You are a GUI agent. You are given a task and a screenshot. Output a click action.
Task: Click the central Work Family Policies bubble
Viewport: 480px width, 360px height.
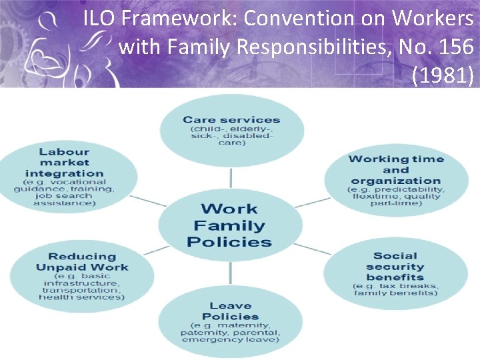coord(230,225)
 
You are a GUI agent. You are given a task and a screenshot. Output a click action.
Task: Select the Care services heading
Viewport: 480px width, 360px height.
coord(231,120)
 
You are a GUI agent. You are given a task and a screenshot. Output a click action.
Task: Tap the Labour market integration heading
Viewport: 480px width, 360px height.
coord(64,163)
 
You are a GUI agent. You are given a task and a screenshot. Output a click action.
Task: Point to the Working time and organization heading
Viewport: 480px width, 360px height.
coord(395,169)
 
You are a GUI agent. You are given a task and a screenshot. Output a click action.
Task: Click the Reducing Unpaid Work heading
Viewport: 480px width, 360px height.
coord(82,262)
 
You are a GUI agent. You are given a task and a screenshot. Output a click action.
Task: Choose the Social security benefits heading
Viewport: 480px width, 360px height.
coord(395,266)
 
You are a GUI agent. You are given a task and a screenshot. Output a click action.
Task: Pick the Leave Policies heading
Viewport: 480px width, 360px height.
coord(230,311)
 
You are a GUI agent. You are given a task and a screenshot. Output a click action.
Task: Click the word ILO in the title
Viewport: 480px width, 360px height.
coord(98,19)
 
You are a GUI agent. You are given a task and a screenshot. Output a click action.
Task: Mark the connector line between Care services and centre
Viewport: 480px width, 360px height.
coord(231,177)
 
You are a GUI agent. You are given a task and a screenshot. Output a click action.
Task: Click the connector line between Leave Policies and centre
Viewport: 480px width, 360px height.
coord(231,274)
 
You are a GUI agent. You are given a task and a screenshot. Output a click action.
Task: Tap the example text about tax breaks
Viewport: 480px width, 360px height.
coord(395,289)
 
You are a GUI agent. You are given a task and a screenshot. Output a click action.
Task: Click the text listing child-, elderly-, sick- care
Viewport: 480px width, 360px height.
coord(231,135)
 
